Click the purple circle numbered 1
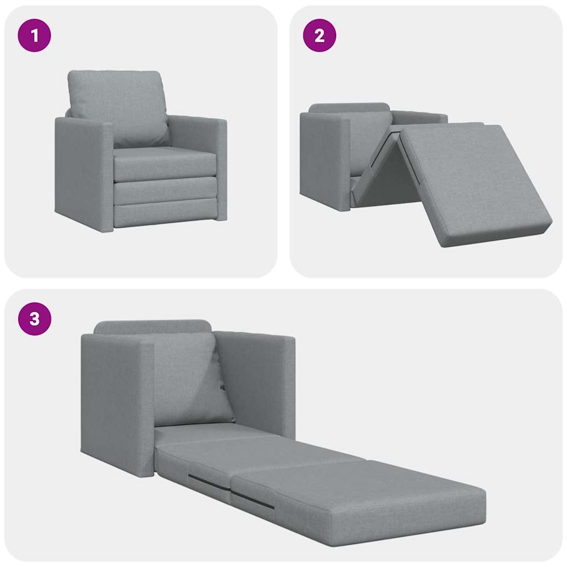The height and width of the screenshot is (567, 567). tap(34, 36)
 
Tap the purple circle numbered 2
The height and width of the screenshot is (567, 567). tap(319, 36)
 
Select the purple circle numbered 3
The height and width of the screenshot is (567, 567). tap(34, 319)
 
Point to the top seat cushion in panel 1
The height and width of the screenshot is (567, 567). tap(165, 163)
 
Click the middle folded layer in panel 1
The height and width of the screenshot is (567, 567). tap(165, 191)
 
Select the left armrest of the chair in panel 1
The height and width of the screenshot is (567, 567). tap(83, 172)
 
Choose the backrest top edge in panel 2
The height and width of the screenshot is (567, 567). tap(349, 107)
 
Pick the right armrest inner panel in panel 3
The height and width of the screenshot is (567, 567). tap(252, 382)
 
